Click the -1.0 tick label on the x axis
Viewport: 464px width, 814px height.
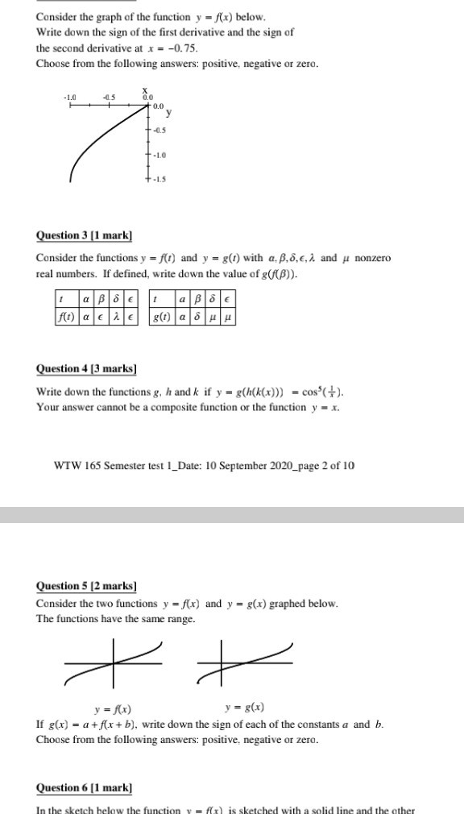(71, 98)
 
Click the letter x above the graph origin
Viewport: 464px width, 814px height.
(146, 90)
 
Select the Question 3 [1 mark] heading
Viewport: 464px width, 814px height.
(84, 235)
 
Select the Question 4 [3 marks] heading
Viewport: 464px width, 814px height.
(86, 369)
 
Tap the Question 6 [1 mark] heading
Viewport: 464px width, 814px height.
(84, 787)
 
